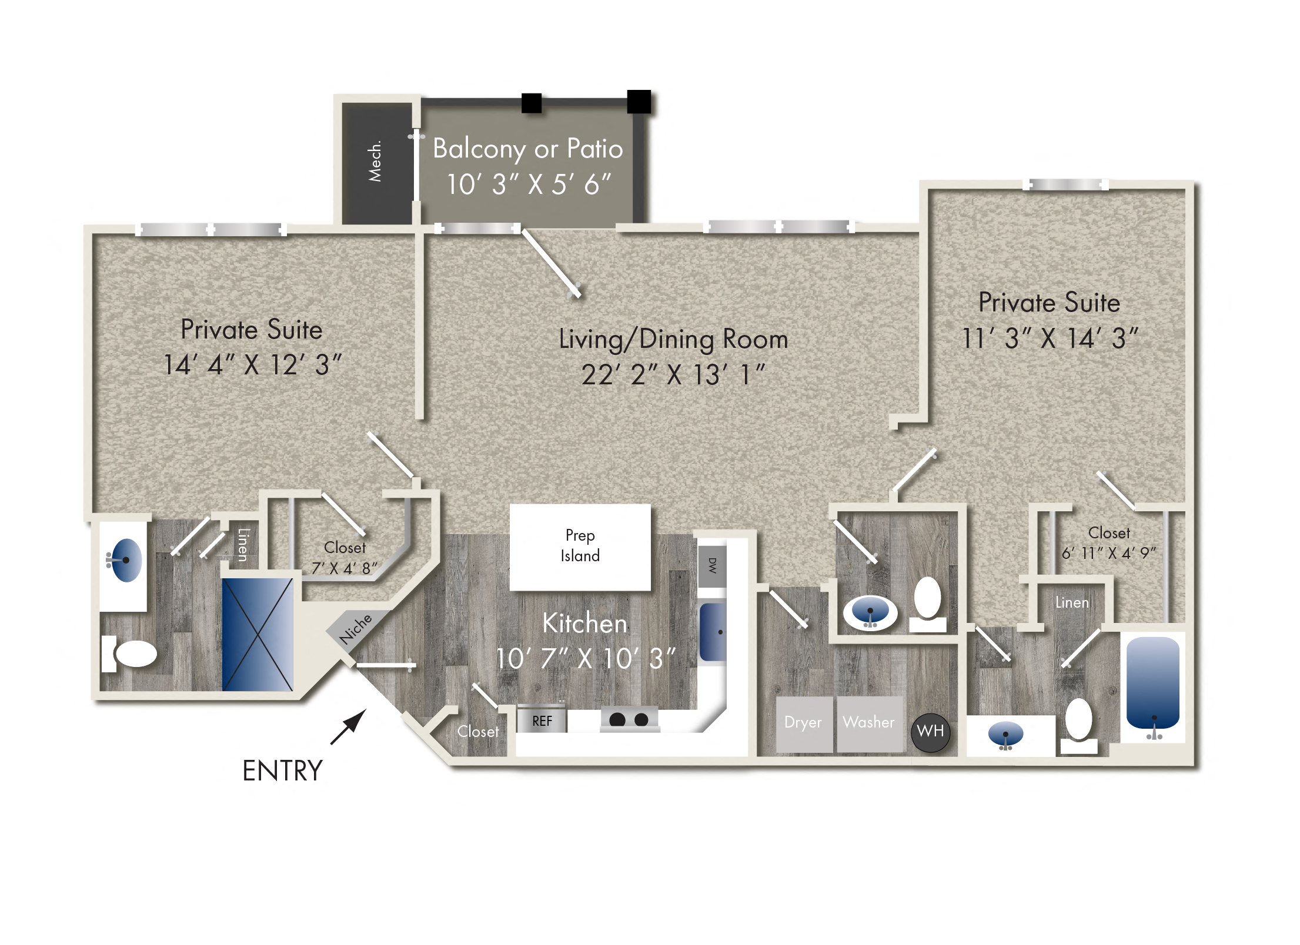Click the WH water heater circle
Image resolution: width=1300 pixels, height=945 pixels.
[930, 732]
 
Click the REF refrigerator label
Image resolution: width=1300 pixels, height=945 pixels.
[542, 721]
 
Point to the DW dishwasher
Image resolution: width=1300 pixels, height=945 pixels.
[713, 566]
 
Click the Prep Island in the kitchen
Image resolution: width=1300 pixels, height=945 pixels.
[580, 547]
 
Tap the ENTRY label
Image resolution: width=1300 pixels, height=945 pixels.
[283, 770]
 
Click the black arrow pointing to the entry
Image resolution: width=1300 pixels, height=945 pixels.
[349, 727]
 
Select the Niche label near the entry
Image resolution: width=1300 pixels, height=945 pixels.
[356, 629]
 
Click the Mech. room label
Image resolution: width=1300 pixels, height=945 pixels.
[375, 161]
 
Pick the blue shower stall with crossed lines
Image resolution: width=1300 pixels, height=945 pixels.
[258, 634]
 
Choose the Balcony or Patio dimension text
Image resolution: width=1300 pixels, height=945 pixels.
[529, 185]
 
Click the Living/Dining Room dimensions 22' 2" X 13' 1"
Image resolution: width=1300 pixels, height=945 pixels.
[673, 375]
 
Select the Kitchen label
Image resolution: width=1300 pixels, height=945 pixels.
[585, 623]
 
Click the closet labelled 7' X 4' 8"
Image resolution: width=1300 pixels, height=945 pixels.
[345, 558]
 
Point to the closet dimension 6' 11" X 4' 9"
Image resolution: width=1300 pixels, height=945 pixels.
[1108, 553]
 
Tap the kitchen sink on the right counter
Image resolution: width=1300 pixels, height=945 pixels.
[713, 632]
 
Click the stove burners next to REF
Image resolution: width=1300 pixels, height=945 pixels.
[629, 719]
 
